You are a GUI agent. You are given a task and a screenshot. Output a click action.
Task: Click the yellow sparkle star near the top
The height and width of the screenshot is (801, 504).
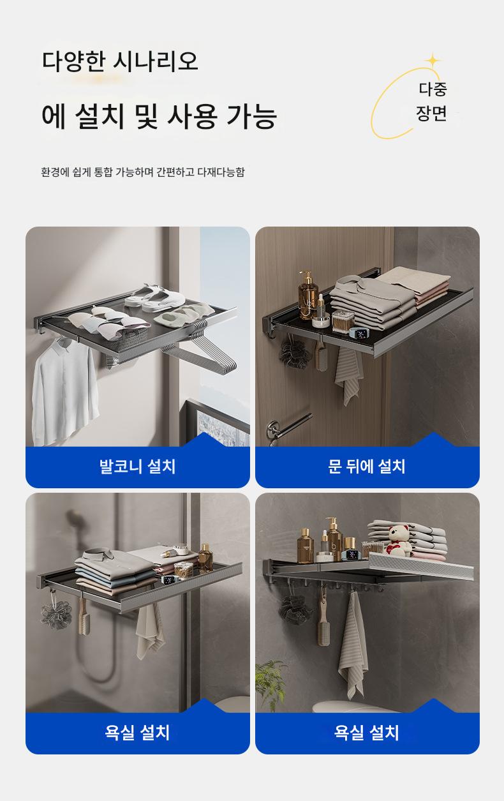coord(433,61)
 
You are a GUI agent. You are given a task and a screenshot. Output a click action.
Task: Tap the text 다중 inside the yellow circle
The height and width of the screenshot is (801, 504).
coord(433,89)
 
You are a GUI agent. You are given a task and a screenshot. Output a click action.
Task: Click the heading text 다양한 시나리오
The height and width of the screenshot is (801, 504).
coord(120,61)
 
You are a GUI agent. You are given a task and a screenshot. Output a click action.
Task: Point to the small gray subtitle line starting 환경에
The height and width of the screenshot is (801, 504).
coord(143,172)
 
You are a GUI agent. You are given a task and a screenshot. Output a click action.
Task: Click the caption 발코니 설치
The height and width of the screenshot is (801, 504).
coord(138,467)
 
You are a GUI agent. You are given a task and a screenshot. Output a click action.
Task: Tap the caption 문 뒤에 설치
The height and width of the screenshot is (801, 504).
coord(367,467)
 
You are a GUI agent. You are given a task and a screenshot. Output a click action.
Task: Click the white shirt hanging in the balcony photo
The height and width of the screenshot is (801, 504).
coord(64,390)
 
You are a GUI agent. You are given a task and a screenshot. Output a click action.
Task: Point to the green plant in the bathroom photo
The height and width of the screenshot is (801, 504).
coord(271,684)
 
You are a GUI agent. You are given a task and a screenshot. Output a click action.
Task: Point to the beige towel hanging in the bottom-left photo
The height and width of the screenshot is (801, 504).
coord(149,633)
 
